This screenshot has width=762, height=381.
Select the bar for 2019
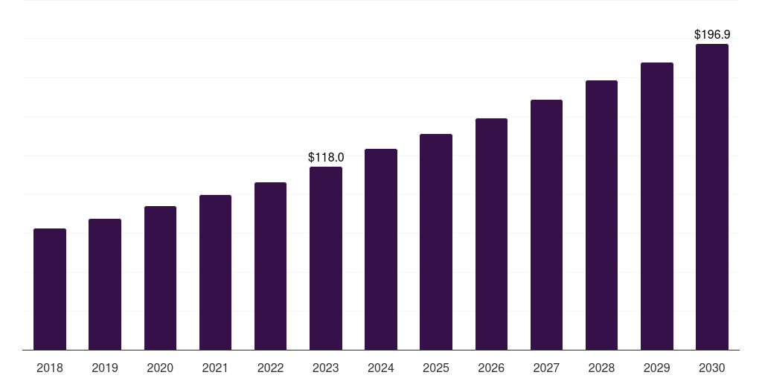pos(105,284)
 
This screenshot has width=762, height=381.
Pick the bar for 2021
pos(215,272)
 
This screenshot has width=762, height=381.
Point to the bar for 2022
pos(270,266)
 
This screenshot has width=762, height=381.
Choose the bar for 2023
pos(326,258)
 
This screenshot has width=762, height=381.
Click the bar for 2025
pos(436,242)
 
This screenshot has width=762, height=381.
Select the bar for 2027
pos(546,225)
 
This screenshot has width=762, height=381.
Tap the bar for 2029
pos(657,206)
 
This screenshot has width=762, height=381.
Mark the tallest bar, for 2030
pos(712,196)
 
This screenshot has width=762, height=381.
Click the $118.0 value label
pos(326,158)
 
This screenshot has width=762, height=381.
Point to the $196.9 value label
pos(712,35)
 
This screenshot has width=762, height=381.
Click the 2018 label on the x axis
pos(50,368)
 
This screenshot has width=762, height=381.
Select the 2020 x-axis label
pos(160,368)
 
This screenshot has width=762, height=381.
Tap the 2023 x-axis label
pos(326,368)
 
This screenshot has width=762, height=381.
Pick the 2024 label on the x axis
pos(381,368)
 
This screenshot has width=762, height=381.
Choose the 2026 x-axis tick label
pos(491,368)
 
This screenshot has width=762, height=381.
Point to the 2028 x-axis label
pos(601,368)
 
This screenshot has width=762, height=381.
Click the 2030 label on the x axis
pos(712,368)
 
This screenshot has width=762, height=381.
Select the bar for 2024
pos(381,249)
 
